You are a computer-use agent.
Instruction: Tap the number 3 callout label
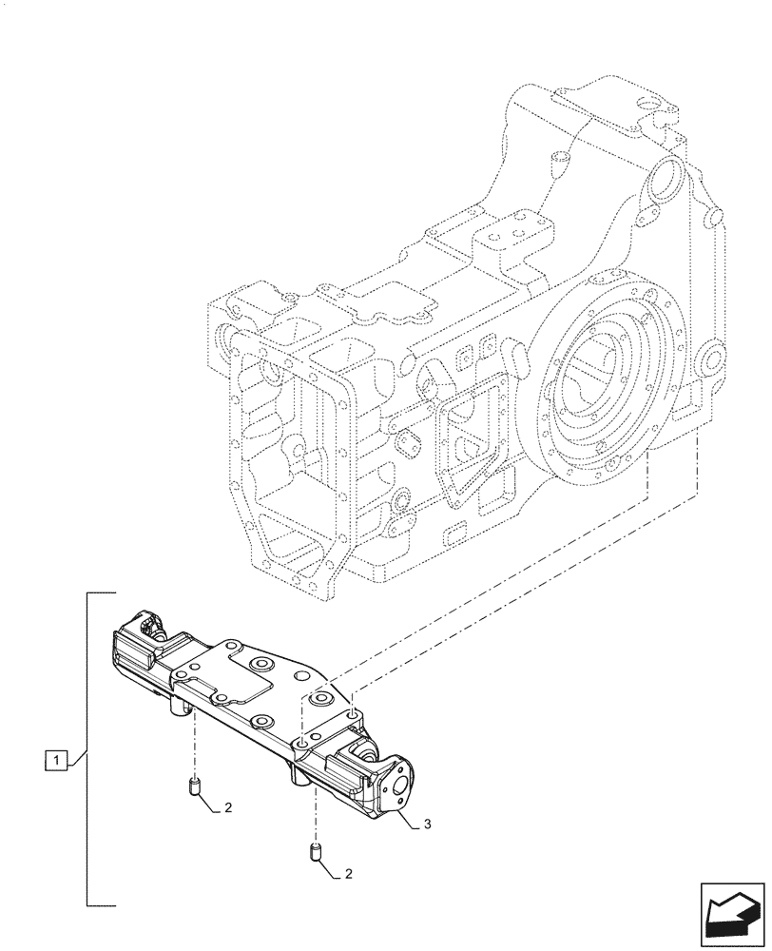coord(428,824)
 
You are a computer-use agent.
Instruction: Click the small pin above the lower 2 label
coord(315,851)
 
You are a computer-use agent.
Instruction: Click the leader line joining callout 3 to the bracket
coord(409,818)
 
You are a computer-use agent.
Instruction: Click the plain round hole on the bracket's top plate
coord(303,675)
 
